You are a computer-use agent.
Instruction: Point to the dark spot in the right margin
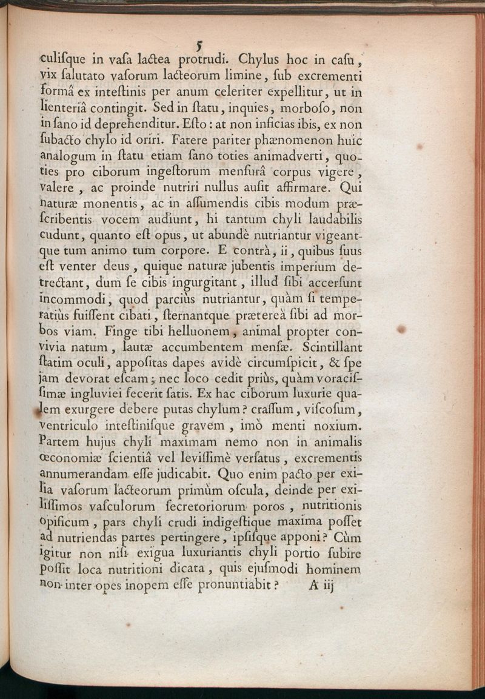(401, 329)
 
